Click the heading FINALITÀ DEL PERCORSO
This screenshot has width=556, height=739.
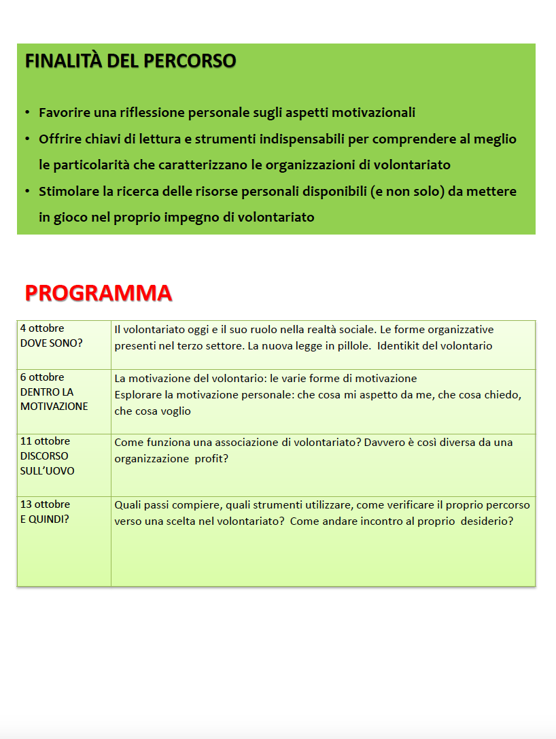pyautogui.click(x=131, y=61)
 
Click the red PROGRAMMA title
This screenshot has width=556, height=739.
pyautogui.click(x=98, y=293)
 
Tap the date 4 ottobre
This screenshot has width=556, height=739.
pyautogui.click(x=42, y=328)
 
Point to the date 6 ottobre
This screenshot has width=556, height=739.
pyautogui.click(x=42, y=377)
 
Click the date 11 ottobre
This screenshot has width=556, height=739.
pyautogui.click(x=45, y=441)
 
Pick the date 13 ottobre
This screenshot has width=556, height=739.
pyautogui.click(x=45, y=504)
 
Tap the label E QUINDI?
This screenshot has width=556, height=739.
pyautogui.click(x=45, y=519)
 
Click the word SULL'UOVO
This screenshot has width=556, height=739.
pyautogui.click(x=48, y=470)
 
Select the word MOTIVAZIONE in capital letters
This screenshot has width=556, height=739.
pyautogui.click(x=54, y=407)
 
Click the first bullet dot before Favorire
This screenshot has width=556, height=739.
pyautogui.click(x=27, y=112)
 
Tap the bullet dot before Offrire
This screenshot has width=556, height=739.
pyautogui.click(x=27, y=139)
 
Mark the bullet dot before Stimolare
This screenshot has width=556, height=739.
pyautogui.click(x=27, y=191)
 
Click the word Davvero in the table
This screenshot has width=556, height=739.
pyautogui.click(x=385, y=443)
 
